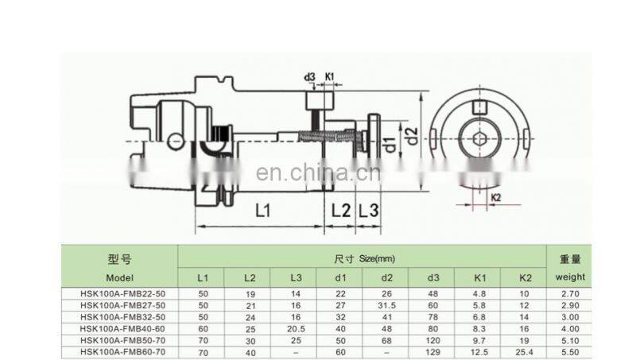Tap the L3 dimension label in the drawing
click(369, 211)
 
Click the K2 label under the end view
click(495, 196)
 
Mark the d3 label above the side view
click(309, 77)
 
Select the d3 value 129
click(432, 350)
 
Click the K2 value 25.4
click(523, 350)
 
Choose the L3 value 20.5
click(295, 327)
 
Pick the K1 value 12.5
click(479, 350)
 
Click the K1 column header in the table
click(479, 277)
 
